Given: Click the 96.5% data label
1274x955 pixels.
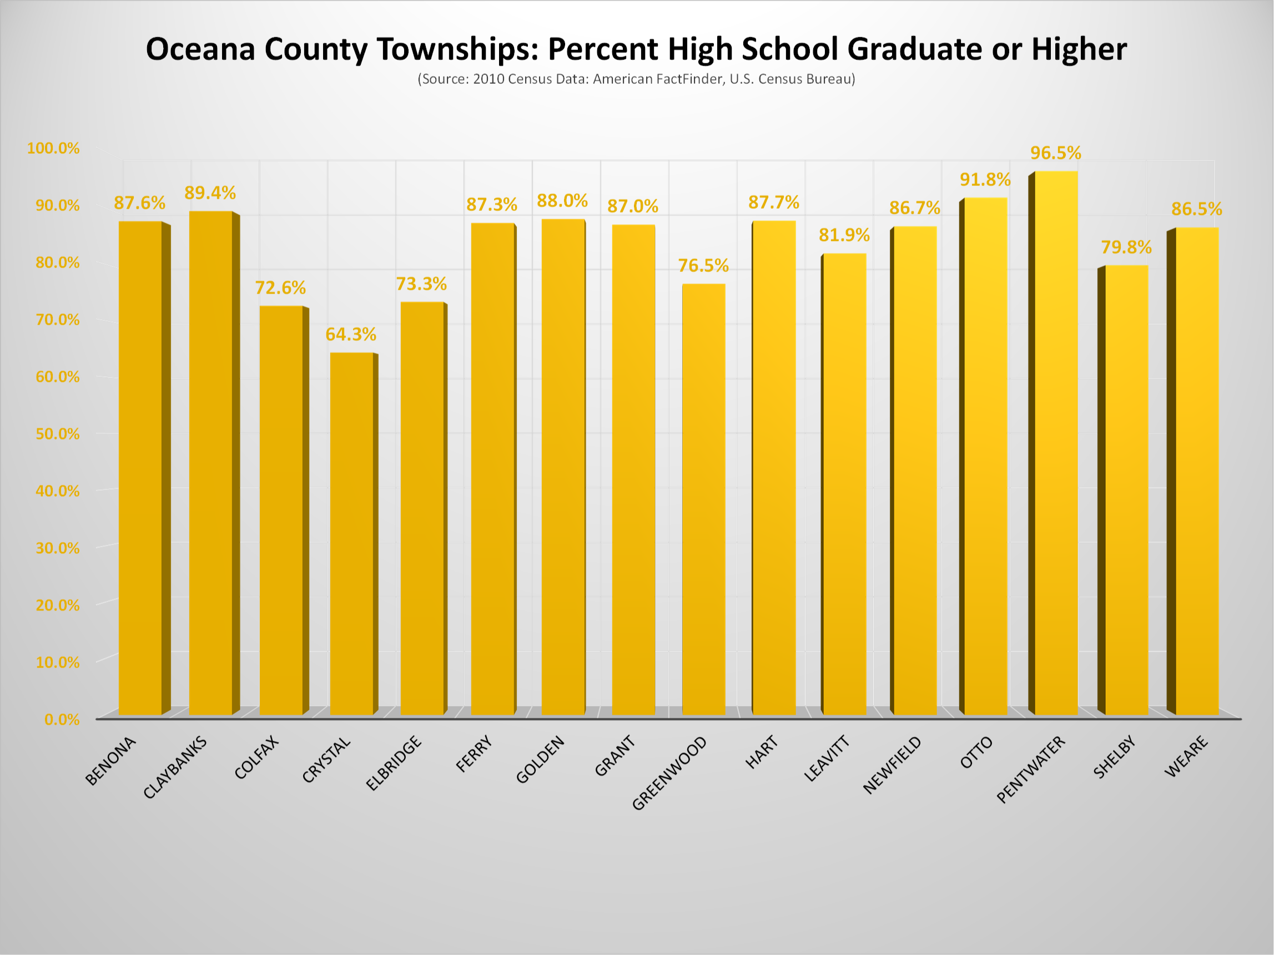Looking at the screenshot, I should point(1055,153).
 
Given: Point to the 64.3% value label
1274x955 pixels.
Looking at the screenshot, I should point(351,335).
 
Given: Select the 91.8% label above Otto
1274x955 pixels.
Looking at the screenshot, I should point(985,180).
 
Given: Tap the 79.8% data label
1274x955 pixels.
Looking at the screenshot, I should point(1126,247).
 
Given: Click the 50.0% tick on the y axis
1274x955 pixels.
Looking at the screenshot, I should point(58,434).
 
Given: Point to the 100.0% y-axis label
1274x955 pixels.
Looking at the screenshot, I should point(53,149).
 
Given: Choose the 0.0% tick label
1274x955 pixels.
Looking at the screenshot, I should point(62,720).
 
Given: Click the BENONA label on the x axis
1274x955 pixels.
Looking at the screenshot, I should point(110,761).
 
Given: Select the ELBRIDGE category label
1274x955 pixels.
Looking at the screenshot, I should point(395,764).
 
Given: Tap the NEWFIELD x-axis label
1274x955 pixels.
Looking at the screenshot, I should point(893,765).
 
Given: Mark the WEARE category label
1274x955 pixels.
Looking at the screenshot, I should point(1186,757).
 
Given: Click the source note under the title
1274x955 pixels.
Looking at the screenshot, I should point(636,79).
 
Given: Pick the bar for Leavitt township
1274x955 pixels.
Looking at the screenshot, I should point(844,483).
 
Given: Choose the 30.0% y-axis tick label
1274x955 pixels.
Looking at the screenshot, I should point(58,548).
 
